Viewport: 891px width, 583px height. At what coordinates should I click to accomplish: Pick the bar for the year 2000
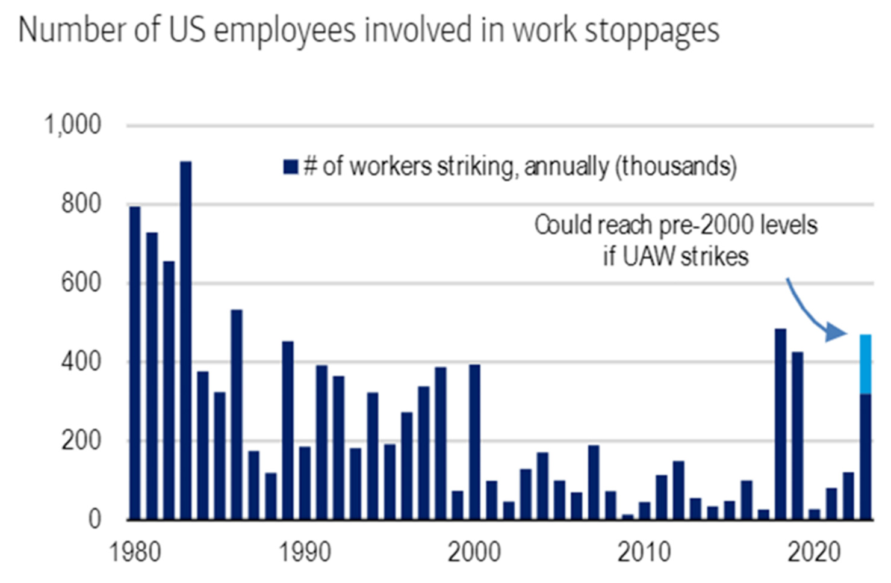coord(474,442)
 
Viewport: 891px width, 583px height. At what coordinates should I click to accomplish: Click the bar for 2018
coord(780,424)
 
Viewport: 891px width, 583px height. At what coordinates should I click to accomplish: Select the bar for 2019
coord(797,436)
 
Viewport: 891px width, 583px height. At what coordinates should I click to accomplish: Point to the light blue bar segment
coord(865,364)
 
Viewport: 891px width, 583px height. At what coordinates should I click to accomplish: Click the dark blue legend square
coord(291,167)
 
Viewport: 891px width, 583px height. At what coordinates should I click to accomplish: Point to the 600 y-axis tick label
coord(81,283)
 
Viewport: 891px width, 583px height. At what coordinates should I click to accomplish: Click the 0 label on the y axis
coord(95,519)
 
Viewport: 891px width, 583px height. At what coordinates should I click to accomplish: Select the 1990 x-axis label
coord(305,552)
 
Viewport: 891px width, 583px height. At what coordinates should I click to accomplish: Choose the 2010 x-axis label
coord(644,552)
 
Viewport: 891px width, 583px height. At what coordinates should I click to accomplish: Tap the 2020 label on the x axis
coord(813,552)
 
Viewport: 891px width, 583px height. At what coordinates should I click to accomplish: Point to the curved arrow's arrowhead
coord(837,332)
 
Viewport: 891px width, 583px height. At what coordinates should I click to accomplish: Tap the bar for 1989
coord(288,430)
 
